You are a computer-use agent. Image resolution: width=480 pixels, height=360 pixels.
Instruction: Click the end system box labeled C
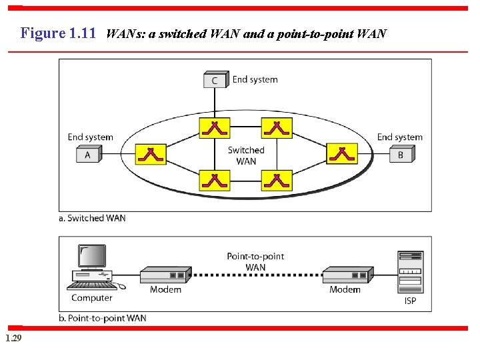click(215, 81)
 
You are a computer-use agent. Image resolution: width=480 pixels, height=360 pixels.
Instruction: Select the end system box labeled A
click(88, 155)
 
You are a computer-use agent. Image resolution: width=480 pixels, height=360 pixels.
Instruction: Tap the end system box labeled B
click(401, 155)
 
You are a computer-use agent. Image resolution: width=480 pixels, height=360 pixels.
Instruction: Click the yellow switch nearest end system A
click(151, 155)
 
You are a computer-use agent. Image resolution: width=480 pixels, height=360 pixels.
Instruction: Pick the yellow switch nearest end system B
click(341, 154)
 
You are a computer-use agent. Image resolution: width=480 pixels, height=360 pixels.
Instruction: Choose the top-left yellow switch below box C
click(215, 127)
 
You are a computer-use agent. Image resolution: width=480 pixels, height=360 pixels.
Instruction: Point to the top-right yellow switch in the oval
click(277, 127)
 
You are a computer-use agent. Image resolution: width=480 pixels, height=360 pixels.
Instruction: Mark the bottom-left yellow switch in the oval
click(215, 180)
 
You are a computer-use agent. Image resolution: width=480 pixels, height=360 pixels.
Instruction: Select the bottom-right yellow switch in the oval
click(277, 180)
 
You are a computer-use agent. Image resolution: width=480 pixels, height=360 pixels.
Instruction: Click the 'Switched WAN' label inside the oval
click(246, 155)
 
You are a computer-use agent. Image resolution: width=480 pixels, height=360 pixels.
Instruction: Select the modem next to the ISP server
click(345, 275)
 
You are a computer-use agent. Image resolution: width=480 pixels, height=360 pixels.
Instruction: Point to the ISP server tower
click(410, 271)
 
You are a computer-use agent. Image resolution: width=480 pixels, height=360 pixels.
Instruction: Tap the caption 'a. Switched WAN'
click(92, 218)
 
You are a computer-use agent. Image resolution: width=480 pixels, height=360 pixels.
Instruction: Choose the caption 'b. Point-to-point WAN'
click(103, 318)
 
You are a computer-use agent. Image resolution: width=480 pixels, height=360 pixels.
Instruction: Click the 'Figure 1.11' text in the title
click(59, 33)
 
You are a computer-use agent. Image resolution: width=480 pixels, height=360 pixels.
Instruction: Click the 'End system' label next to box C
click(255, 79)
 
